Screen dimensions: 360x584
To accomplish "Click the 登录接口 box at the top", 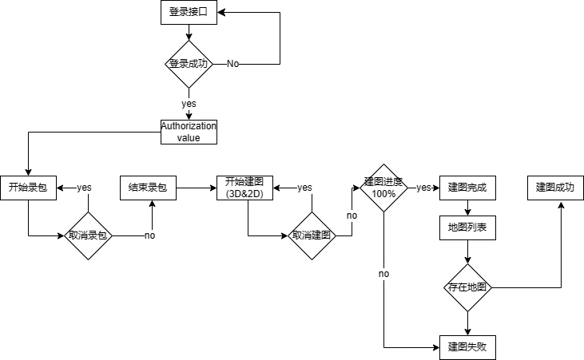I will tap(189, 12).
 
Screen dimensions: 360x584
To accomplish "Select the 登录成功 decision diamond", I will tap(189, 64).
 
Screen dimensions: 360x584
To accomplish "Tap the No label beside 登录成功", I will tap(232, 64).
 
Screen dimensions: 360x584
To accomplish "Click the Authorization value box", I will tap(189, 132).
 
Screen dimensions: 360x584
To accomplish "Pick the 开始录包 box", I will tap(28, 188).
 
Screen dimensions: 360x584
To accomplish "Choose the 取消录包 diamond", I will tap(88, 236).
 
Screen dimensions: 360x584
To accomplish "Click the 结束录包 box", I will tap(148, 188).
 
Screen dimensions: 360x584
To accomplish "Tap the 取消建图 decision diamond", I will tap(312, 236).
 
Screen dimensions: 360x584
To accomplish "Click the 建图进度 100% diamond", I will tap(383, 188).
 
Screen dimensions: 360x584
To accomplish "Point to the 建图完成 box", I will tap(467, 188).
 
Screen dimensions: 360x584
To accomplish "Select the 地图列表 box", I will tap(467, 227).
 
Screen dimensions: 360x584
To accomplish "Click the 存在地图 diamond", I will tap(467, 287).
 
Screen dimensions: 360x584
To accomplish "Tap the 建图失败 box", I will tap(467, 347).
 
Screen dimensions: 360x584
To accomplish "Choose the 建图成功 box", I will tap(555, 188).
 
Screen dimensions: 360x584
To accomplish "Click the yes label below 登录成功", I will tap(189, 104).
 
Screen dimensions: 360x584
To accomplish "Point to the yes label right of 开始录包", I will tap(84, 188).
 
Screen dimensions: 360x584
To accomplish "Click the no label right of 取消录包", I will tap(149, 236).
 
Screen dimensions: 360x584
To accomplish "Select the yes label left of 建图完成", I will tap(423, 188).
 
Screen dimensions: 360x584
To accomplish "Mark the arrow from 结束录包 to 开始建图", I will tap(196, 188).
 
